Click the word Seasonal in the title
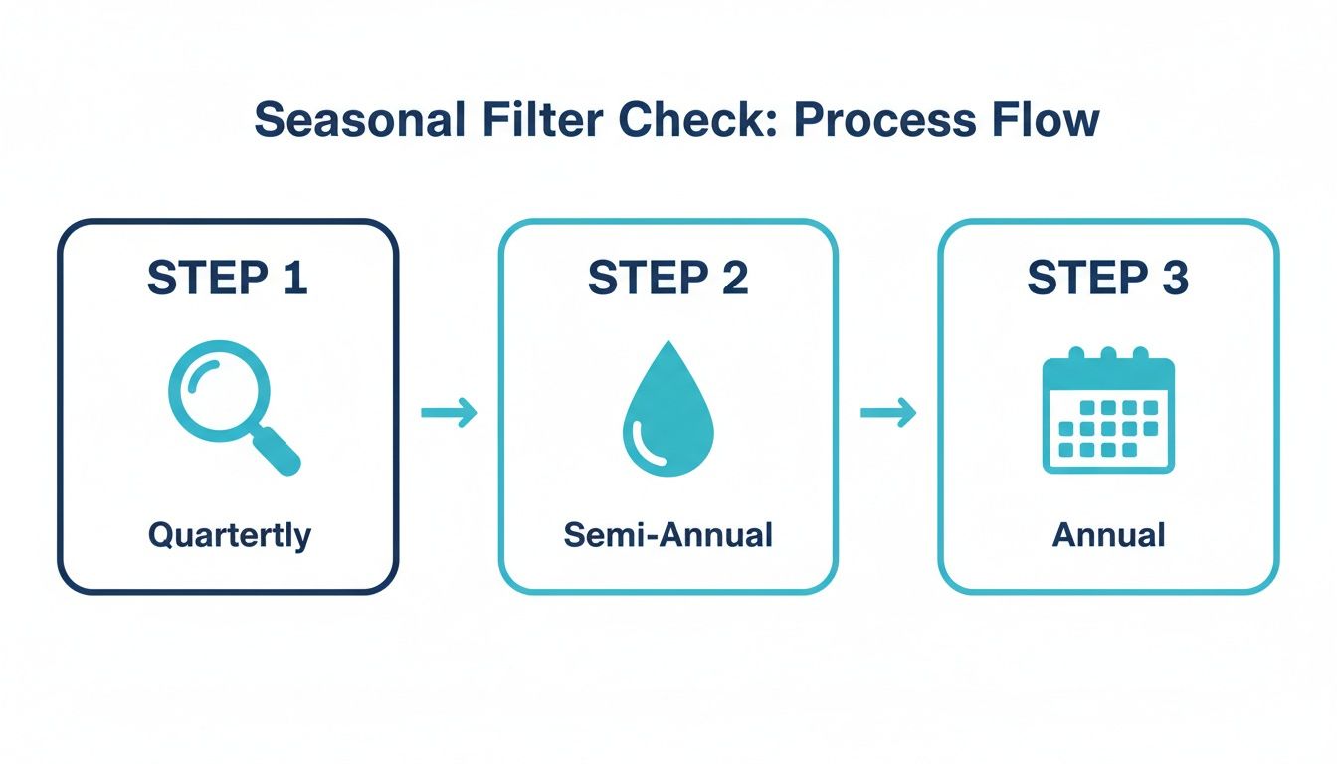click(x=360, y=121)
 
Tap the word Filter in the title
click(x=537, y=121)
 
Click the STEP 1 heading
click(x=228, y=278)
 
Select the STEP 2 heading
click(x=668, y=278)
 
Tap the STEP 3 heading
click(x=1107, y=278)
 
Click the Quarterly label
click(x=230, y=536)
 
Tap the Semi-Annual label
click(x=668, y=536)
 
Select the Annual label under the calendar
click(x=1108, y=536)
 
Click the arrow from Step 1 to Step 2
click(x=449, y=412)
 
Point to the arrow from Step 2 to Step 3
click(x=888, y=412)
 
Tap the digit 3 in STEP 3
click(x=1174, y=278)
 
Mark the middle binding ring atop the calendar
click(x=1108, y=355)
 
